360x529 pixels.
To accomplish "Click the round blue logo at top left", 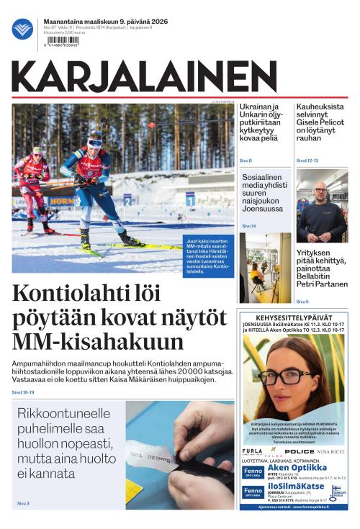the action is coord(22,29).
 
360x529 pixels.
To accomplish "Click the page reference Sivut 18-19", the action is coord(23,392).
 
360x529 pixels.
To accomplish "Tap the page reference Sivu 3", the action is coord(23,503).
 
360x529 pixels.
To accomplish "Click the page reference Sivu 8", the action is coord(246,160).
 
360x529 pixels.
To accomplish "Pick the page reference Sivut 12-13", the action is coord(307,160).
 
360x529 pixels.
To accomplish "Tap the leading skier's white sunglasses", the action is coord(94,143).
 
